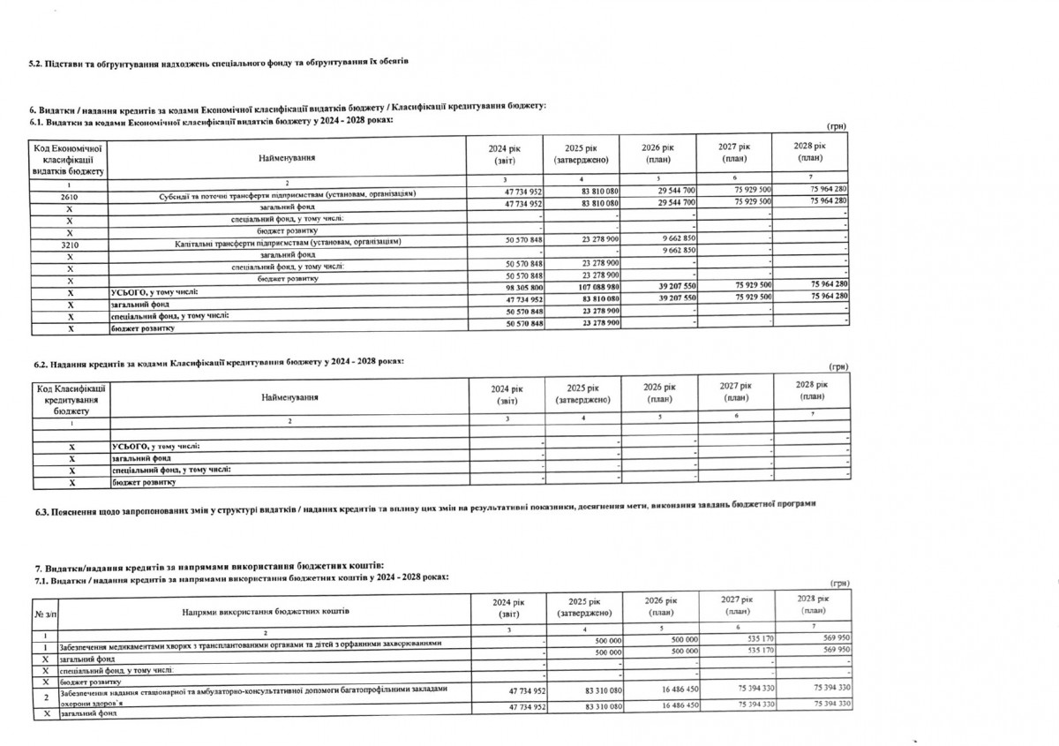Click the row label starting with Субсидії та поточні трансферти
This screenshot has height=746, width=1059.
tap(287, 193)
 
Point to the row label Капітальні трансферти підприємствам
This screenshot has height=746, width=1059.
tap(289, 240)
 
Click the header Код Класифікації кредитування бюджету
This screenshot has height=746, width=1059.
tap(71, 398)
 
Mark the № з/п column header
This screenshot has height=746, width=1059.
tap(43, 611)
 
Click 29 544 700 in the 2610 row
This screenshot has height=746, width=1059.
tap(676, 192)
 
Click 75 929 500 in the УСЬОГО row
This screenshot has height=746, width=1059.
tap(753, 287)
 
